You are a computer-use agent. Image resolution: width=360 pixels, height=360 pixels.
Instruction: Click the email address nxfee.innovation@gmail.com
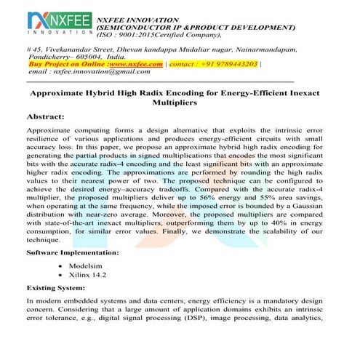90,72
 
